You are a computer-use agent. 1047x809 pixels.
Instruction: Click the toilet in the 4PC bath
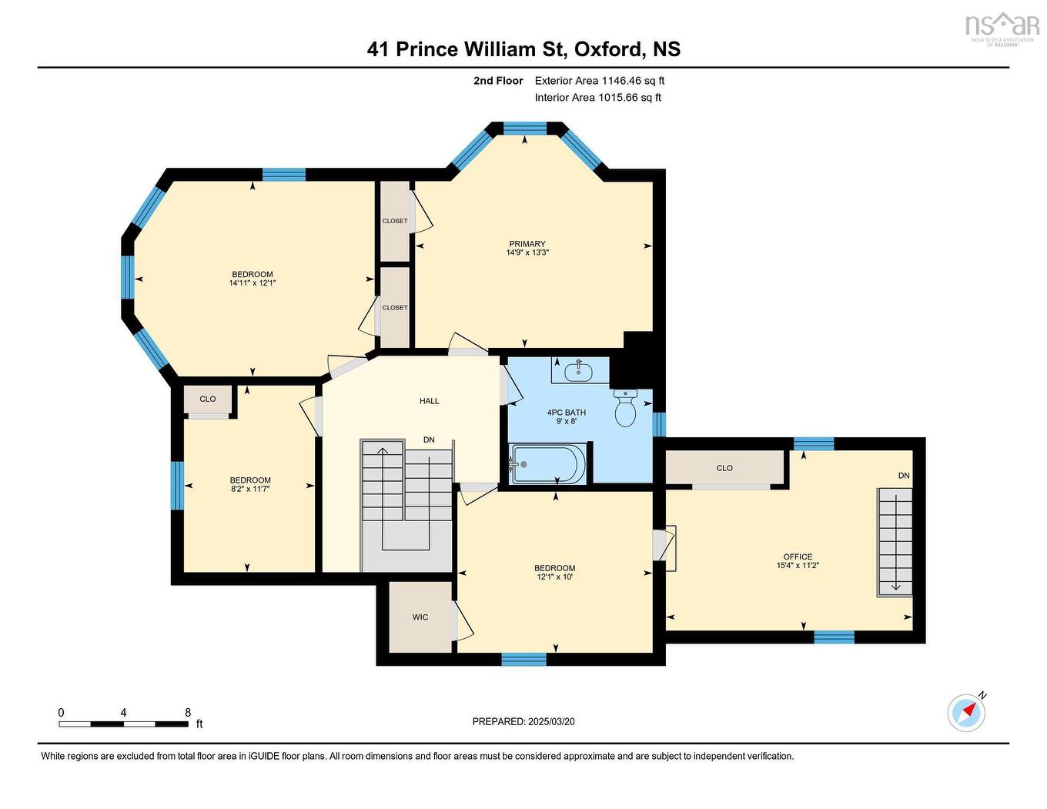(625, 409)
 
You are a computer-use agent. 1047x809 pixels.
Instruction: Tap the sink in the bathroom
(578, 372)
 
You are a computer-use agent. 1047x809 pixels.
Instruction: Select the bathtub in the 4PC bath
(547, 464)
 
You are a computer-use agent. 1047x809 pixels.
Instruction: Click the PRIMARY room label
(527, 244)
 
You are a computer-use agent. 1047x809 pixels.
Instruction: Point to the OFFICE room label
(798, 557)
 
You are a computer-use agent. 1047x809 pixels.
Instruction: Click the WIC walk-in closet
(420, 617)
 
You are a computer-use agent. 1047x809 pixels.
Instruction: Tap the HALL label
(430, 401)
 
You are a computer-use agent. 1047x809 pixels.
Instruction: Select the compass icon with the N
(966, 712)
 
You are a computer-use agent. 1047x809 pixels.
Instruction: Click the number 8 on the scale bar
(187, 713)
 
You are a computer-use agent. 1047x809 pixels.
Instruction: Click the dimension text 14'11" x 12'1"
(252, 283)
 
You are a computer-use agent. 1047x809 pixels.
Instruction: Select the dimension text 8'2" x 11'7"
(249, 489)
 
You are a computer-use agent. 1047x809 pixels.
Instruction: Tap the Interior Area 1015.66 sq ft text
(597, 98)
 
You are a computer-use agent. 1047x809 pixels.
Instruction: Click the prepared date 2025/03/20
(551, 722)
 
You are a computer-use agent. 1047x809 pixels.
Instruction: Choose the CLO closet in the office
(725, 468)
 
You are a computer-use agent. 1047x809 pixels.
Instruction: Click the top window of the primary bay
(524, 128)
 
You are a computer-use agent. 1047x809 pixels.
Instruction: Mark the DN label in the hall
(429, 440)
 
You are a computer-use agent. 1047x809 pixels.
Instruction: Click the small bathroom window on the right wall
(659, 424)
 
